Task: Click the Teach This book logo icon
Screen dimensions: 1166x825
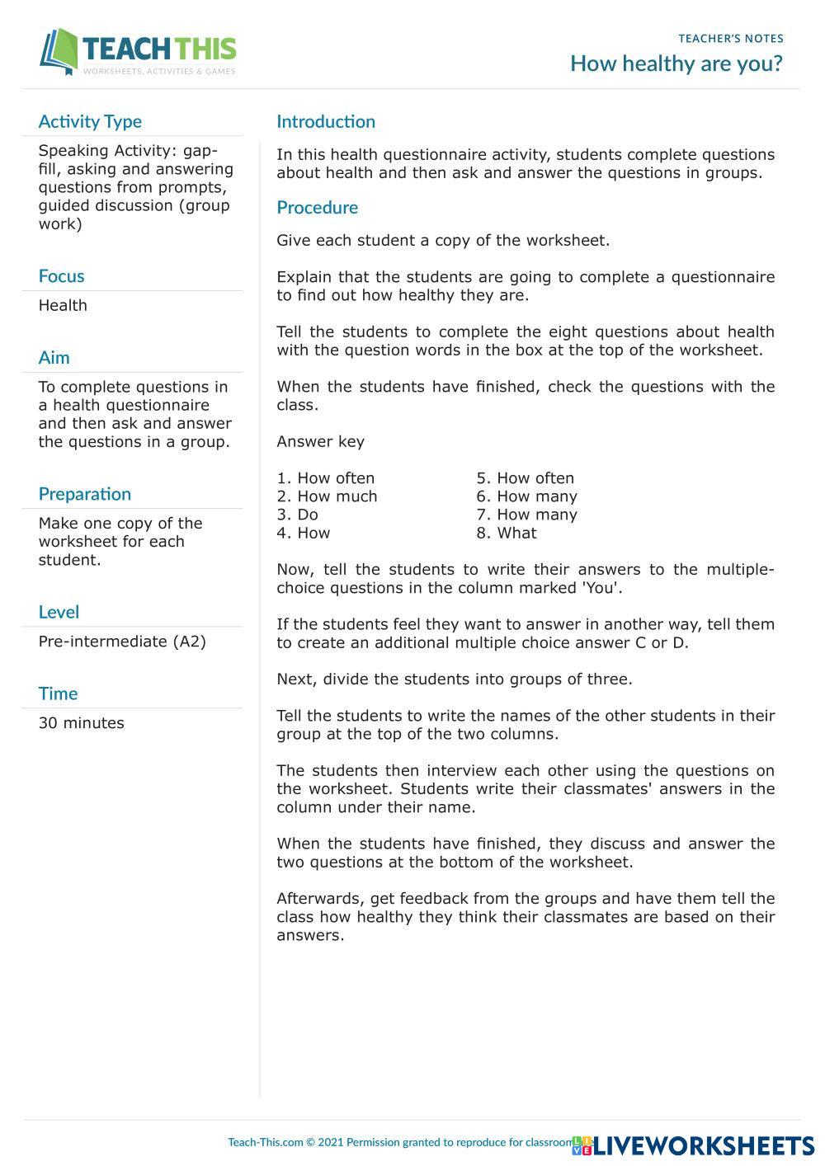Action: (59, 52)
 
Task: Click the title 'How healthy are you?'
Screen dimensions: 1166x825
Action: (676, 63)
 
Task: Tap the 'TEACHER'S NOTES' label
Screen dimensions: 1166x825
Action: (731, 39)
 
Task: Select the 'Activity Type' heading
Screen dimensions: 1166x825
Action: (90, 122)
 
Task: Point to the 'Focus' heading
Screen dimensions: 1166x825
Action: (61, 276)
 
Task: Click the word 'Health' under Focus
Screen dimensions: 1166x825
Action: (63, 305)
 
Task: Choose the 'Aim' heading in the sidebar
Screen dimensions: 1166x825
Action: (54, 358)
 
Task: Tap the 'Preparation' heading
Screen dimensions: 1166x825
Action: (84, 494)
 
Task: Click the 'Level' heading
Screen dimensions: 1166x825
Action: (59, 612)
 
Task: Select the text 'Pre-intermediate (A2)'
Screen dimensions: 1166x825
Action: (122, 642)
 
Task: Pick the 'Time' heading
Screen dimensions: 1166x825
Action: (58, 693)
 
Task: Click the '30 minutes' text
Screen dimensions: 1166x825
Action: (81, 723)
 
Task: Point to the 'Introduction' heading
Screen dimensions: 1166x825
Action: (326, 122)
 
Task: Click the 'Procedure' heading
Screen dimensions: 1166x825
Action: (317, 208)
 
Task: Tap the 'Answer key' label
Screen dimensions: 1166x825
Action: (320, 441)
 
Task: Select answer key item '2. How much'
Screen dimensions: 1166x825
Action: (327, 496)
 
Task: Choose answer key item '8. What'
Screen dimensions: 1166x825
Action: (506, 533)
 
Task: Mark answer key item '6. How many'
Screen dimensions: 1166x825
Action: (526, 496)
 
